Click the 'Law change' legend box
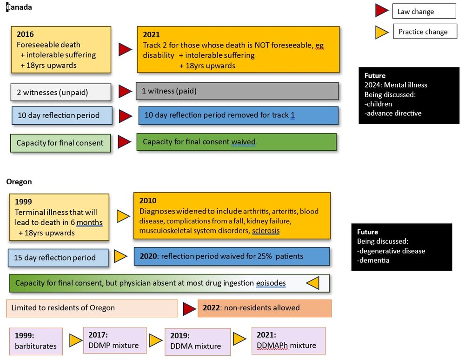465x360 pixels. [x=424, y=11]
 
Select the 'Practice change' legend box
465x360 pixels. [x=423, y=32]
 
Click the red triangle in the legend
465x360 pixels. [x=382, y=11]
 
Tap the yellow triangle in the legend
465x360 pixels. [x=382, y=32]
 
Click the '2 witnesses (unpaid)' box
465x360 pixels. [x=61, y=92]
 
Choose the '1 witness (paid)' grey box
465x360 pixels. [x=237, y=91]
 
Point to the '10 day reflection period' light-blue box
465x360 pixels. [x=62, y=115]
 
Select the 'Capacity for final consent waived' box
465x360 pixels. [x=236, y=142]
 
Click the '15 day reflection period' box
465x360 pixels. [x=58, y=258]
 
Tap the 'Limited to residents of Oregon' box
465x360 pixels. [x=92, y=308]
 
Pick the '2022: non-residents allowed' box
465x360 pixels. [x=264, y=308]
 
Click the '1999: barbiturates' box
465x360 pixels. [x=36, y=341]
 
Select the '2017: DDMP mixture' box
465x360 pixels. [x=114, y=340]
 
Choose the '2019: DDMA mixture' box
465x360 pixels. [x=197, y=341]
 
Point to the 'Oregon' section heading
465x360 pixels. [x=19, y=182]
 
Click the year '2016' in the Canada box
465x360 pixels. [x=25, y=34]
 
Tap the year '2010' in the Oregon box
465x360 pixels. [x=148, y=201]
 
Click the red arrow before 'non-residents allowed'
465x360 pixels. [x=189, y=308]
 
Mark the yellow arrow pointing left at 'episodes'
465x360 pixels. [x=312, y=282]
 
